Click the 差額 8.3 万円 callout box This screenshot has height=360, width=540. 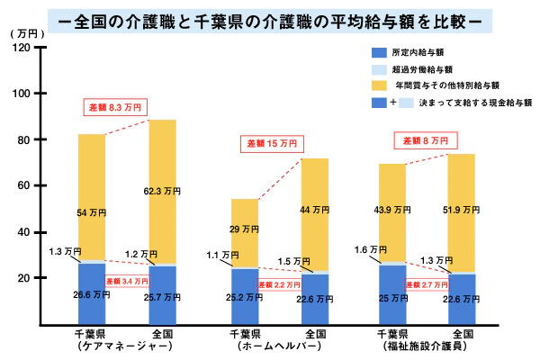[x=115, y=107]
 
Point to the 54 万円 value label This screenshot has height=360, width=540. [x=92, y=212]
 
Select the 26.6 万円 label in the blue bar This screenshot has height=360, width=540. [x=92, y=294]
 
